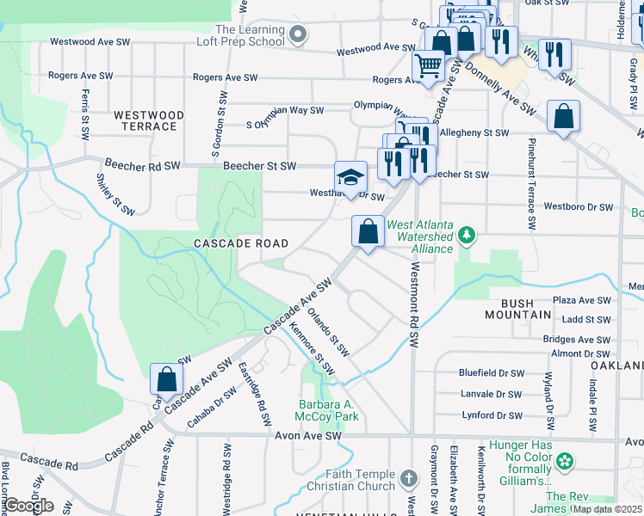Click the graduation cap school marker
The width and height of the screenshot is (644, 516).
coord(350,178)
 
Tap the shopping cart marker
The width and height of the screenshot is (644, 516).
coord(428,65)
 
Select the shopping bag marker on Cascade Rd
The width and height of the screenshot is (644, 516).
coord(166,379)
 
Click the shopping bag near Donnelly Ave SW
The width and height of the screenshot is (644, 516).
coord(563,117)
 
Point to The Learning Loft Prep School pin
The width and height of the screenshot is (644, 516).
coord(298,34)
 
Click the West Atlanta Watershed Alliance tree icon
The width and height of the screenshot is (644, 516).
coord(467,234)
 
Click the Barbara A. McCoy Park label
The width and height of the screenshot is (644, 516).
coord(325,410)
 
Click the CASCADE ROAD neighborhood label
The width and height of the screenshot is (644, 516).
coord(240,243)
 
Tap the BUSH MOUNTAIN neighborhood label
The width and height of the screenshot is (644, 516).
coord(525,310)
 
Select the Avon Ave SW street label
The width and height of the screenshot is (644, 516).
coord(307,436)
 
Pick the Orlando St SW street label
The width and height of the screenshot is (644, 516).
coord(329,333)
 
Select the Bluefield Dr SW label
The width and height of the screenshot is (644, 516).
coord(491,373)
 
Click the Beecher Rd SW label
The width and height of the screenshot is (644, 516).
coord(139,163)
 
